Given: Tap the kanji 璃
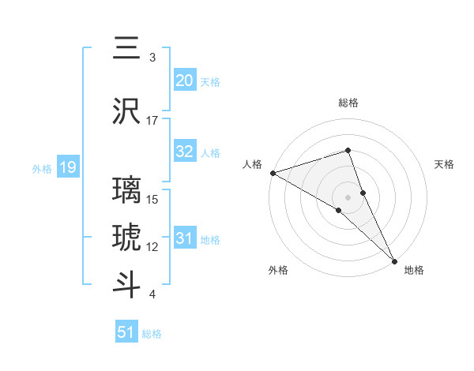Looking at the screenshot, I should [126, 191].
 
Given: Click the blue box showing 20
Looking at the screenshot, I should [184, 80].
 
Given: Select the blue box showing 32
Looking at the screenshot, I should [184, 152].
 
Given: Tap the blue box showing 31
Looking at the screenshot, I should [184, 239].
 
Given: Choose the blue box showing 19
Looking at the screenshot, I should [67, 167].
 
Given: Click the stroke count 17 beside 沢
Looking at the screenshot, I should [152, 120].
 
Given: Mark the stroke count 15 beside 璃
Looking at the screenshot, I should [153, 199].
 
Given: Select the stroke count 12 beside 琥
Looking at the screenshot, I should [152, 246].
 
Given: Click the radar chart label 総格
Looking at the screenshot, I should [348, 103].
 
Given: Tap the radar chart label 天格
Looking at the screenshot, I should [445, 164].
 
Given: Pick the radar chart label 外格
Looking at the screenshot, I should [278, 270].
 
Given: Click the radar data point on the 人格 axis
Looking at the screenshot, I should [272, 173].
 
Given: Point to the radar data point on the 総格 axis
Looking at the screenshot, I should [348, 150].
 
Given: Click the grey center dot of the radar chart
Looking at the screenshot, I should [348, 197].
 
